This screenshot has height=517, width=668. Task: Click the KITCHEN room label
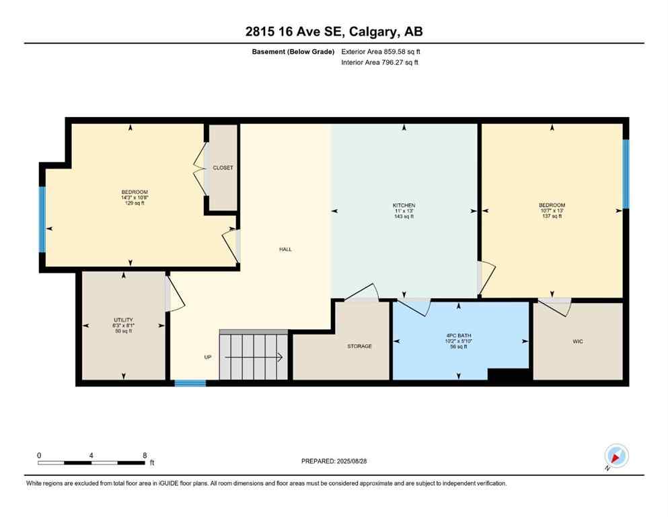[404, 205]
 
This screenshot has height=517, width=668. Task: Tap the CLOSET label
[223, 168]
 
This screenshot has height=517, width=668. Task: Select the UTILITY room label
[123, 320]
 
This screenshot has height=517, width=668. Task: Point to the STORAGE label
[359, 346]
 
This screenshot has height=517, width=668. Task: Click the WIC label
[577, 341]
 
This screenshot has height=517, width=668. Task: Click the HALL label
[285, 249]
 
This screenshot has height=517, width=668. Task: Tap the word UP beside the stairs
[207, 357]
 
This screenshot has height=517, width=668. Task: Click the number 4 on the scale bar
[91, 455]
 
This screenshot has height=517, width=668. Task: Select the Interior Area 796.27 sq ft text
[379, 63]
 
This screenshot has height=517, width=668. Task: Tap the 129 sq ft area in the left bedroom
[135, 203]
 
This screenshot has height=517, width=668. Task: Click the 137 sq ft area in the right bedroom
[551, 216]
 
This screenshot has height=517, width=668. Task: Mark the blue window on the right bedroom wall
[626, 174]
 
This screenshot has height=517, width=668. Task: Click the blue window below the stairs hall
[190, 383]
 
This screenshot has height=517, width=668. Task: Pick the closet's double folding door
[200, 168]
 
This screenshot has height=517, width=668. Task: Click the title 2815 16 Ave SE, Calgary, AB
[334, 32]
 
